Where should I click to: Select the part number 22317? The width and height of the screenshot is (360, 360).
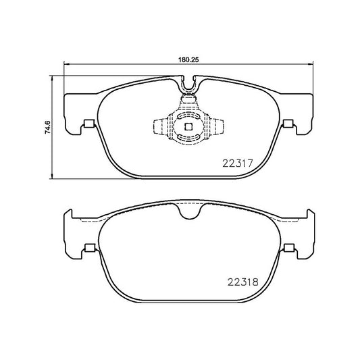pos(236,163)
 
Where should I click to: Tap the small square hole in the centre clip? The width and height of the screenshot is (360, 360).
pos(188,126)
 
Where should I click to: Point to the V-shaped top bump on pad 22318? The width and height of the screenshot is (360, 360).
pos(188,212)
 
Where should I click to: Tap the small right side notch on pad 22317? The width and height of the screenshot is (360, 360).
pos(289,124)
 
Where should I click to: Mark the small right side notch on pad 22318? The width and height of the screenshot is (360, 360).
pos(289,247)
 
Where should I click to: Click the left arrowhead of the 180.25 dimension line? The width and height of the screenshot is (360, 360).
pos(66,65)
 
